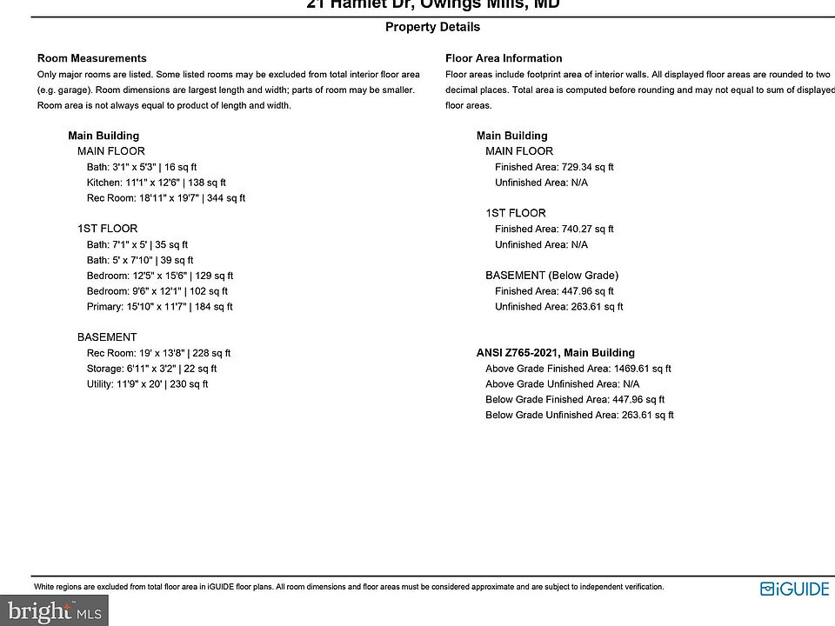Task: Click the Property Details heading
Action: click(432, 27)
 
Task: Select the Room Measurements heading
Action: click(91, 58)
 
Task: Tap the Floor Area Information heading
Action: click(504, 58)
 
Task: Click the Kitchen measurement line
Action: click(156, 183)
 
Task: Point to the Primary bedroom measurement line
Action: click(159, 307)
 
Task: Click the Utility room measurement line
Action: click(147, 384)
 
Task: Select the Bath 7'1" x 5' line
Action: click(137, 245)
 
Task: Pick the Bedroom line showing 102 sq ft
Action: click(157, 291)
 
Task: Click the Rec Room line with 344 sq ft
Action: click(165, 198)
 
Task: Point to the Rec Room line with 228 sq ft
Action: click(158, 353)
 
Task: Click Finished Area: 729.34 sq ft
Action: click(554, 167)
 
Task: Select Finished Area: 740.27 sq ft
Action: click(554, 230)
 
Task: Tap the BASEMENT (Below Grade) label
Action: click(551, 276)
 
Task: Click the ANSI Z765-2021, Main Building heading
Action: click(555, 353)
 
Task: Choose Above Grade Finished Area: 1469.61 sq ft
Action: click(578, 369)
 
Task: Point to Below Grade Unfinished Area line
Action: click(579, 416)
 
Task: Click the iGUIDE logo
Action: click(795, 589)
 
